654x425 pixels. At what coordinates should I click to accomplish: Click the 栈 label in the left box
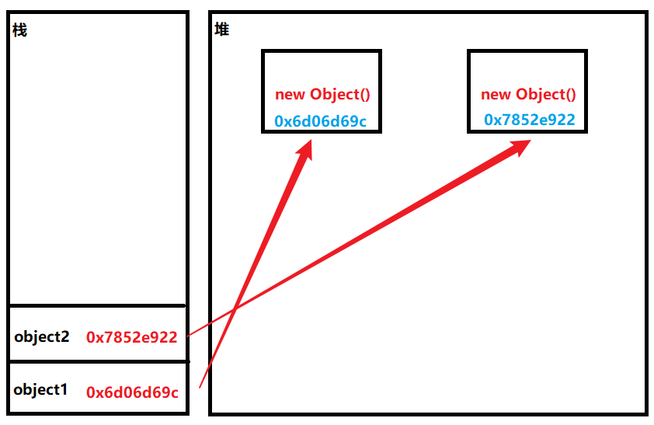coord(19,31)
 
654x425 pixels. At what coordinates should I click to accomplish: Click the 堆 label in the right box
coord(221,30)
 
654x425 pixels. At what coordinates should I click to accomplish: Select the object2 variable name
coord(41,336)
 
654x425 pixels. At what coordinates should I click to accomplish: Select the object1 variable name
coord(40,390)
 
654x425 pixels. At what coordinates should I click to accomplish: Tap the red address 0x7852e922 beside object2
coord(131,337)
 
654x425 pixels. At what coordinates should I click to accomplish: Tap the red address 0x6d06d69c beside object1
coord(131,392)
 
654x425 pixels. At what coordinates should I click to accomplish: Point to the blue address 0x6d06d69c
coord(320,121)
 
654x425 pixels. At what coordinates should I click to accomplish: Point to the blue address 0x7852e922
coord(529,119)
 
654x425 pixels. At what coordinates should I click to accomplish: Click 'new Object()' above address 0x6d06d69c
coord(322,95)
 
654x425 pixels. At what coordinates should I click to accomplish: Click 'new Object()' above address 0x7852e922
coord(528,94)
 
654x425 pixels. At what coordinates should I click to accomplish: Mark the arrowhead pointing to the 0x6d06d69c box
coord(305,149)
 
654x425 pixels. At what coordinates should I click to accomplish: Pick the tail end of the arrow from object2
coord(189,336)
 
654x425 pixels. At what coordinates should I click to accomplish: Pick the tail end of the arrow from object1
coord(200,387)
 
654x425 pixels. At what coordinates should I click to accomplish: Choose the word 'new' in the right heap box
coord(496,94)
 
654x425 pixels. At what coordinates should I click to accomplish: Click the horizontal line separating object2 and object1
coord(98,361)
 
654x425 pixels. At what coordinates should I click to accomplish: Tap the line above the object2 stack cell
coord(98,305)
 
